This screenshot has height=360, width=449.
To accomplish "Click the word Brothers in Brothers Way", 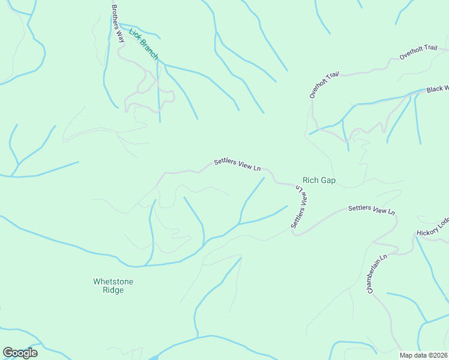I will (x=115, y=16).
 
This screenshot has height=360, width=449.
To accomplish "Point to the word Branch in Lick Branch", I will (x=149, y=50).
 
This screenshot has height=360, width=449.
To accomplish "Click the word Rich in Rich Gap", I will (x=310, y=180).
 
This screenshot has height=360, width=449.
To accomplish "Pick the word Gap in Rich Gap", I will (x=328, y=180).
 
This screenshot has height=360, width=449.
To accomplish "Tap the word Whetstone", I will (x=113, y=281).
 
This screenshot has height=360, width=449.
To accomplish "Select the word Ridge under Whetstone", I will (x=113, y=290).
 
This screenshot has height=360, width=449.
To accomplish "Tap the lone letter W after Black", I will (x=445, y=87).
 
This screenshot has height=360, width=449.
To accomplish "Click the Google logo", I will (x=20, y=353).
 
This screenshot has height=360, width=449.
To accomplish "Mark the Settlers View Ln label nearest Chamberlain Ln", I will (x=372, y=210).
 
